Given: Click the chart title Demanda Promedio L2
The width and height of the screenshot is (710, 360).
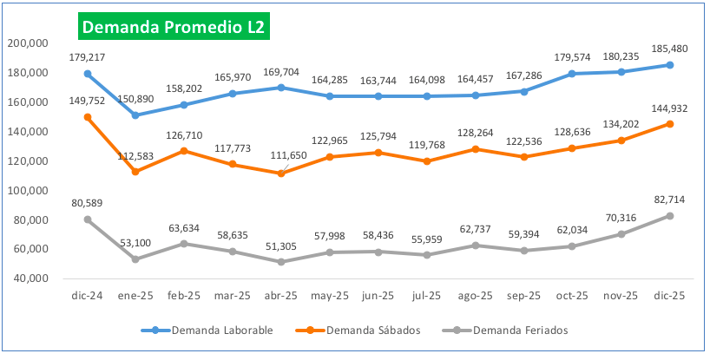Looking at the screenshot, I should [173, 27].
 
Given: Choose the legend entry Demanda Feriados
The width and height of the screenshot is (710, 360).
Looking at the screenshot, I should [486, 330].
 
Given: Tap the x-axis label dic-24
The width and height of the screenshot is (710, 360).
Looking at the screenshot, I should [88, 296].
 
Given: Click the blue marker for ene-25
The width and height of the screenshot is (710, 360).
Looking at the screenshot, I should [135, 115].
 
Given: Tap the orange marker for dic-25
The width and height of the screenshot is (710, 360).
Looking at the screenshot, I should [669, 124].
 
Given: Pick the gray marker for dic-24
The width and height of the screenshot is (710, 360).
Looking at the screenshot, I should [88, 219].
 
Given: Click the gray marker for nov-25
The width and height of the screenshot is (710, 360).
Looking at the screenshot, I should [621, 234].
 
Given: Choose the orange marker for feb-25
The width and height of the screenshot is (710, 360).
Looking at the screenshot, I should [184, 151].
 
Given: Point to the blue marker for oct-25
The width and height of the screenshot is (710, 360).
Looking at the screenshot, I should [572, 74].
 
